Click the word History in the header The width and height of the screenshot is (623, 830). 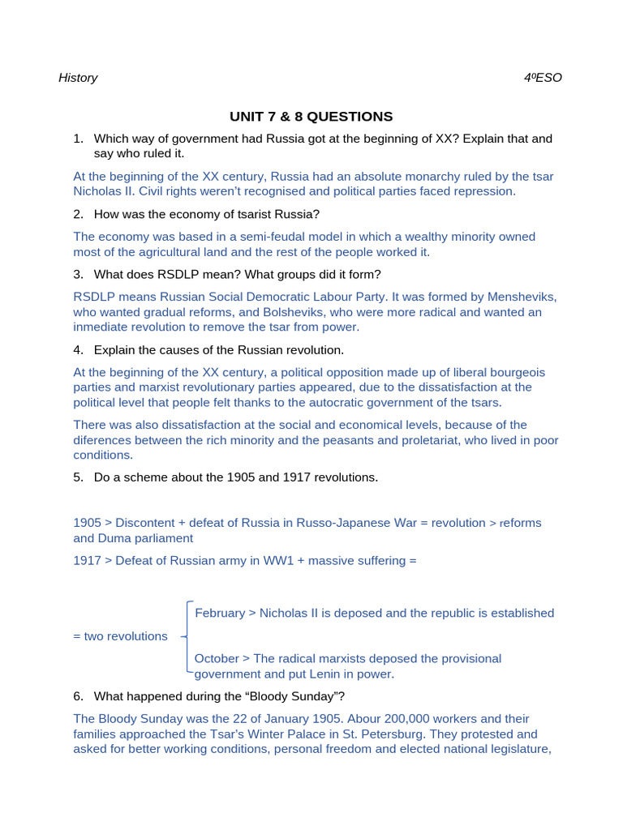pos(78,78)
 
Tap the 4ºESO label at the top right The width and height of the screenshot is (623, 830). pos(543,78)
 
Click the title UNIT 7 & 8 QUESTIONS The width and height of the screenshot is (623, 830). pos(311,117)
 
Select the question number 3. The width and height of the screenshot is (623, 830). pos(78,275)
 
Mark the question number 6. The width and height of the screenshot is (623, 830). pos(78,696)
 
